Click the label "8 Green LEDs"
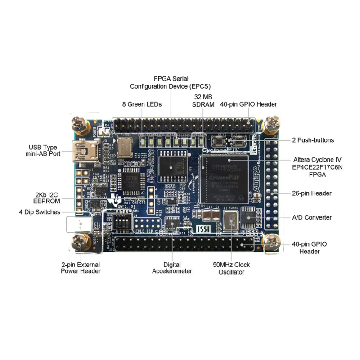coord(142,104)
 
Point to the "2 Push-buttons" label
coord(313,140)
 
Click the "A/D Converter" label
coord(312,217)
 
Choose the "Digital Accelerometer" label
coord(172,268)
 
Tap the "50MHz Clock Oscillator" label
coord(231,268)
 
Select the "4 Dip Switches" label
coord(40,212)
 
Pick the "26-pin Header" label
coord(312,193)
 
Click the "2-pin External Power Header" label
coord(81,268)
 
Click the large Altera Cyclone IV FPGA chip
coord(224,178)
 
